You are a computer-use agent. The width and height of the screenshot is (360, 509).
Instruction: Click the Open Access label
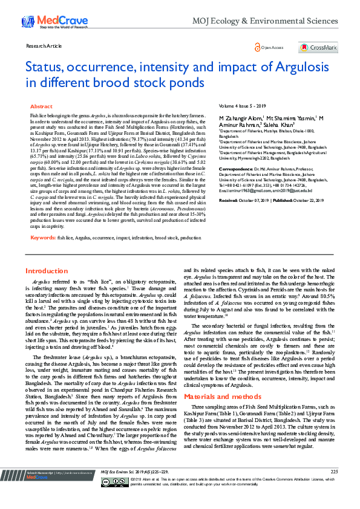point(272,48)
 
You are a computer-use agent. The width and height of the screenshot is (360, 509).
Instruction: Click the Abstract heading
point(41,106)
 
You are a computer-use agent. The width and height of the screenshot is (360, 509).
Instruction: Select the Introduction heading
point(47,271)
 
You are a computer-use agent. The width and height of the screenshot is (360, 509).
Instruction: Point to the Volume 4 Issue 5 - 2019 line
point(243,106)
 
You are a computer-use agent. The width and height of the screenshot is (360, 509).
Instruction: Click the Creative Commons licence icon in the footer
point(122,498)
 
